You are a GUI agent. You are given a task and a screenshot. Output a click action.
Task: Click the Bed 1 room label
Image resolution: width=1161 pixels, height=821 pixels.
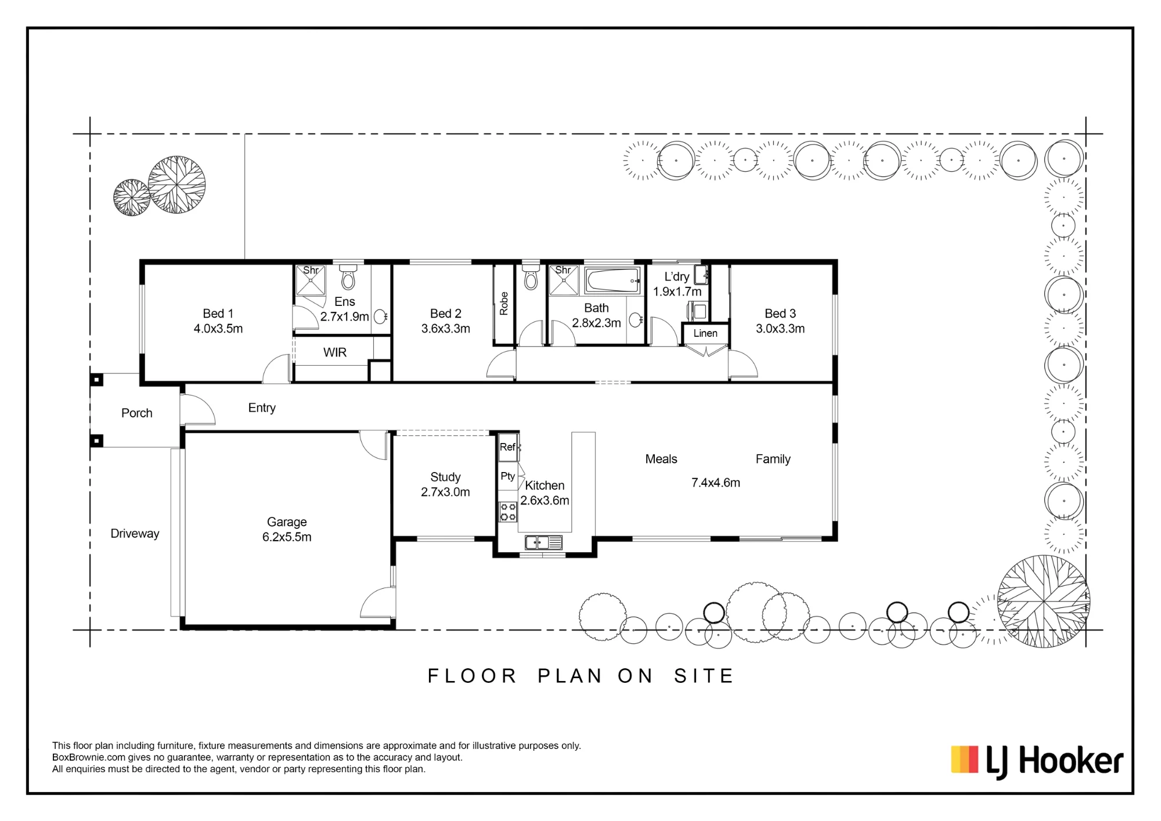point(218,314)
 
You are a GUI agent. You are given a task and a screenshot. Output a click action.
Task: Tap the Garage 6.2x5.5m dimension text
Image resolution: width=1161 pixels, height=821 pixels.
point(287,537)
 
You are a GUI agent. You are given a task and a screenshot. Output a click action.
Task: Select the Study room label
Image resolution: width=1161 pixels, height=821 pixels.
point(445,477)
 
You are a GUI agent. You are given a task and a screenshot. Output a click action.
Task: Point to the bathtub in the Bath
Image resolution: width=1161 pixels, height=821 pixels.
point(612,280)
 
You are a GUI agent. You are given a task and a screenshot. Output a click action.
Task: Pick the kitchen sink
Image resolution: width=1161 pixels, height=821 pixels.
point(543,543)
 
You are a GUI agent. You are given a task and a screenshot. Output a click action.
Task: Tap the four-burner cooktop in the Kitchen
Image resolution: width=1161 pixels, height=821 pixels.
point(508,512)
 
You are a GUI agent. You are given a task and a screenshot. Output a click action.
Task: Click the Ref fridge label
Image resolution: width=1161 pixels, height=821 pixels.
point(507,447)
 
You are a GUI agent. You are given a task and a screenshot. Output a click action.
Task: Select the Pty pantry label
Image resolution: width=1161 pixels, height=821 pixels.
point(508,476)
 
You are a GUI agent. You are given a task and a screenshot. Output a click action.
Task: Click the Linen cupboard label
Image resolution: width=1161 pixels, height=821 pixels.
point(705,333)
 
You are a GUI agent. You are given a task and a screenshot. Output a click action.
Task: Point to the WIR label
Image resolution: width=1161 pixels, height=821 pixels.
point(335,352)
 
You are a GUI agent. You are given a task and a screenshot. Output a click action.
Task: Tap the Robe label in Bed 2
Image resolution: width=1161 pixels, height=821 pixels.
point(504,304)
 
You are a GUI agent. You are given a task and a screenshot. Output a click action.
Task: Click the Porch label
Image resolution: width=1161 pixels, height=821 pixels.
point(137,413)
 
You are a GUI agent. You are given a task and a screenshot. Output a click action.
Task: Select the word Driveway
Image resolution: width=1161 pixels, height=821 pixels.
point(135,534)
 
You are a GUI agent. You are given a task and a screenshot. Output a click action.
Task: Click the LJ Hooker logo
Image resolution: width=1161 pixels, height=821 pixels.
point(1037,761)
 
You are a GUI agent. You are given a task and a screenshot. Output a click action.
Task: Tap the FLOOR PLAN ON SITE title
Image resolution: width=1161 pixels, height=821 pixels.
point(581,676)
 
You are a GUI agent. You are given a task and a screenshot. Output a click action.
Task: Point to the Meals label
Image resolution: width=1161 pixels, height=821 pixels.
point(661,459)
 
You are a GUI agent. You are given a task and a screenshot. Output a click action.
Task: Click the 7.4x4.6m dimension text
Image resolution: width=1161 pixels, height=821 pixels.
point(716,482)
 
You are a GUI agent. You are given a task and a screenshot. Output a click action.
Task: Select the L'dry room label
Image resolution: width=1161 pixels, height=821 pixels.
point(677,277)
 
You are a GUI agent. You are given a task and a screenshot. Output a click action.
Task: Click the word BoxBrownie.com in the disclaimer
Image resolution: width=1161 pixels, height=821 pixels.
point(89,757)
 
